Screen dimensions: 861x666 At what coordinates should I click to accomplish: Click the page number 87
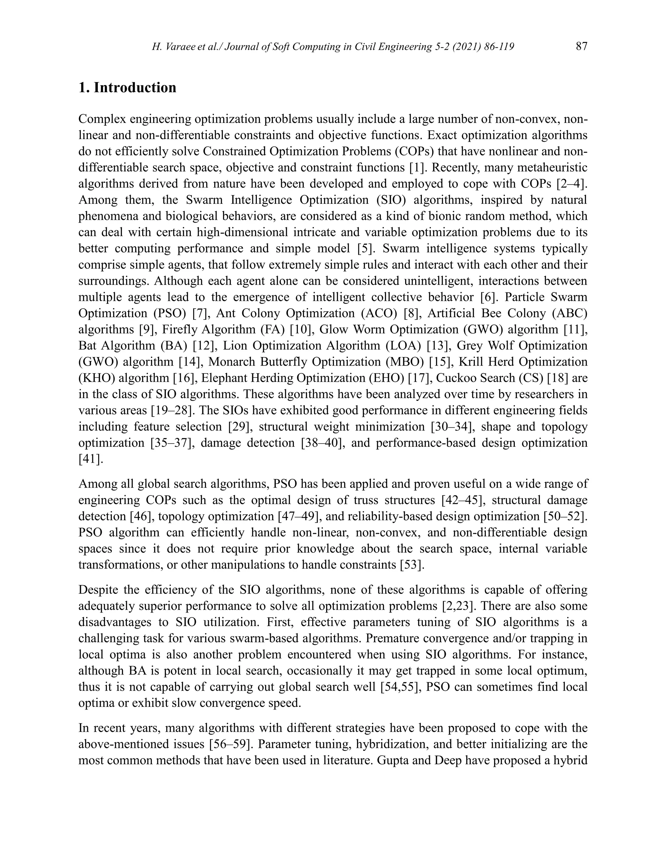[581, 47]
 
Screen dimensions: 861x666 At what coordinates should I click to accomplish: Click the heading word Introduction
[135, 87]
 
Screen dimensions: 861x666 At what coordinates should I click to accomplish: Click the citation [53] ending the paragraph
[412, 565]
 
